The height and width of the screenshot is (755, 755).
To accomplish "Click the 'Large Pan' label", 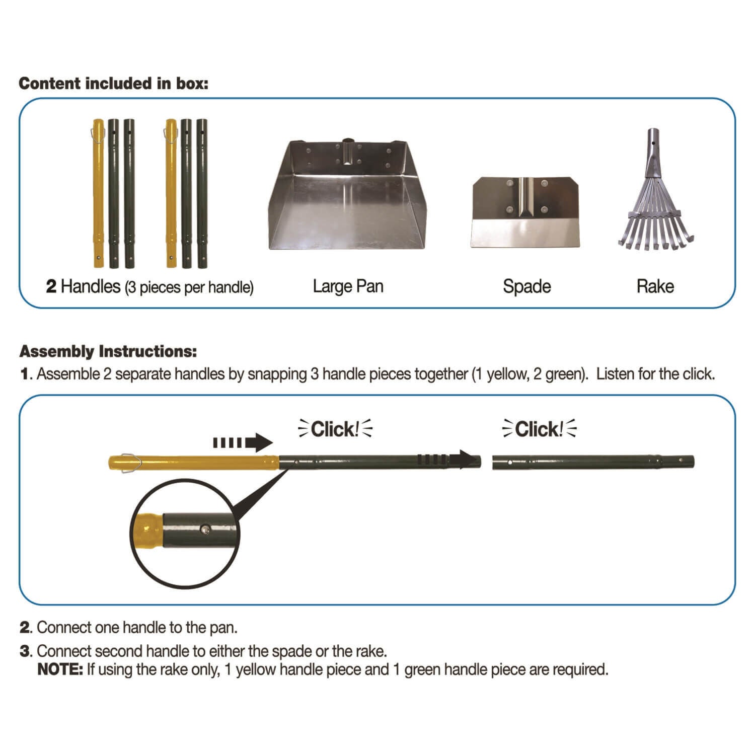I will click(x=348, y=286).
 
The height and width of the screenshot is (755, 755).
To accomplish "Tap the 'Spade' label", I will click(x=526, y=286).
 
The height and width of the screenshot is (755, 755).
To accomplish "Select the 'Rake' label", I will click(x=655, y=286).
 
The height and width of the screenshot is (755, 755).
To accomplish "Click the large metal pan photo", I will click(x=348, y=196).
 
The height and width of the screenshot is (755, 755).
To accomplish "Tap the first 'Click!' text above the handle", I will click(x=335, y=429).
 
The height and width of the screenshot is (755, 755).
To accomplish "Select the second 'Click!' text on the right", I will click(x=539, y=429).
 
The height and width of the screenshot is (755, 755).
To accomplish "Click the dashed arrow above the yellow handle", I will click(x=242, y=443).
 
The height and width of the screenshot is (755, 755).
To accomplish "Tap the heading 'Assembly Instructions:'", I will click(x=108, y=351).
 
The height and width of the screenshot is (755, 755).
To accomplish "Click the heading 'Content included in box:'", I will click(x=113, y=84).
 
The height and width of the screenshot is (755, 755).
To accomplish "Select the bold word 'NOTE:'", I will click(x=60, y=669).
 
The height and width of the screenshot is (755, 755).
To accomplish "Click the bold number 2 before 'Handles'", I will click(x=51, y=286).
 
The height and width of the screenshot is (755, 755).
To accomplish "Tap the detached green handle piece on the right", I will click(x=593, y=461).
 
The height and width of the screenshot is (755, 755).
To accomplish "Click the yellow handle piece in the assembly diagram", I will click(x=201, y=462).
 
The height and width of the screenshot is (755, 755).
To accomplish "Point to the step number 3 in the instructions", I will click(x=25, y=651).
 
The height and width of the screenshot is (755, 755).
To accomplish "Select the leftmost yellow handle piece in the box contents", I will click(x=98, y=194).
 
